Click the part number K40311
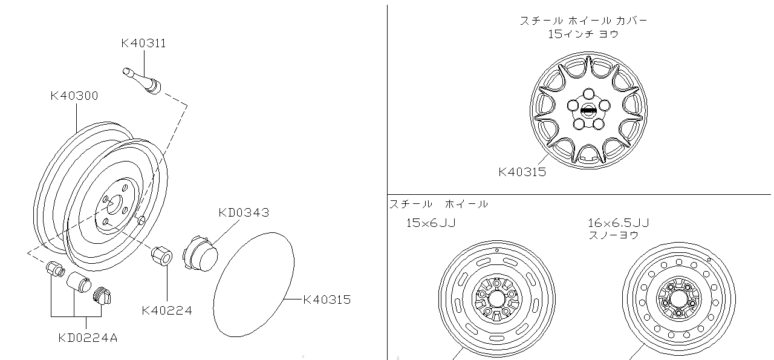[x=143, y=44]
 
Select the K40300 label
[x=74, y=96]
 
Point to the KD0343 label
[x=244, y=213]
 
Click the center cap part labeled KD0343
[x=202, y=252]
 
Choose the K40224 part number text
[x=167, y=311]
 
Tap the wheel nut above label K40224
[x=162, y=255]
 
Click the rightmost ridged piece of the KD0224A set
[x=103, y=296]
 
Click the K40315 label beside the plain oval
[x=326, y=299]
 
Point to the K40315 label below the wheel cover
[x=522, y=172]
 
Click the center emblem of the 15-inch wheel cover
[x=587, y=111]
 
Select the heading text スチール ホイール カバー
[x=584, y=21]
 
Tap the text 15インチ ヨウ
[x=584, y=34]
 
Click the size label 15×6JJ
[x=431, y=223]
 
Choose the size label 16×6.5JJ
[x=618, y=223]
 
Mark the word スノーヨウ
[x=613, y=235]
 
